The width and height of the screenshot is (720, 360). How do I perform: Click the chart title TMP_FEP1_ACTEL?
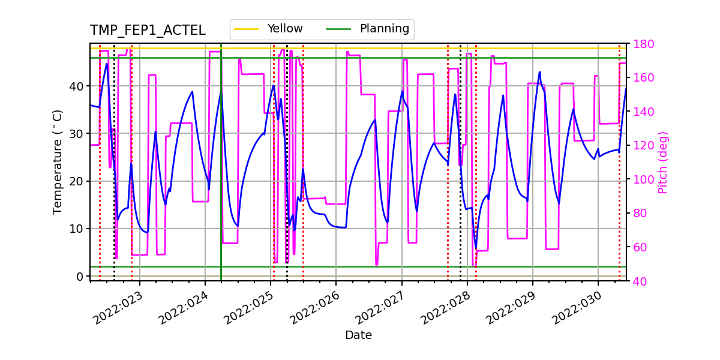[x=148, y=31]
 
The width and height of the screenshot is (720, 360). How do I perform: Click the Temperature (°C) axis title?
[x=58, y=161]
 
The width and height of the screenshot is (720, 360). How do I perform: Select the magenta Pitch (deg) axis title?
[x=663, y=162]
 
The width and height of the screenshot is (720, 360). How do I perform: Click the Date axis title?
[x=358, y=335]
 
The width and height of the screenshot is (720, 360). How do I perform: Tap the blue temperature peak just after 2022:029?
[x=539, y=73]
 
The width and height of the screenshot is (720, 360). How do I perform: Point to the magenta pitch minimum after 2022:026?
[x=376, y=264]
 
